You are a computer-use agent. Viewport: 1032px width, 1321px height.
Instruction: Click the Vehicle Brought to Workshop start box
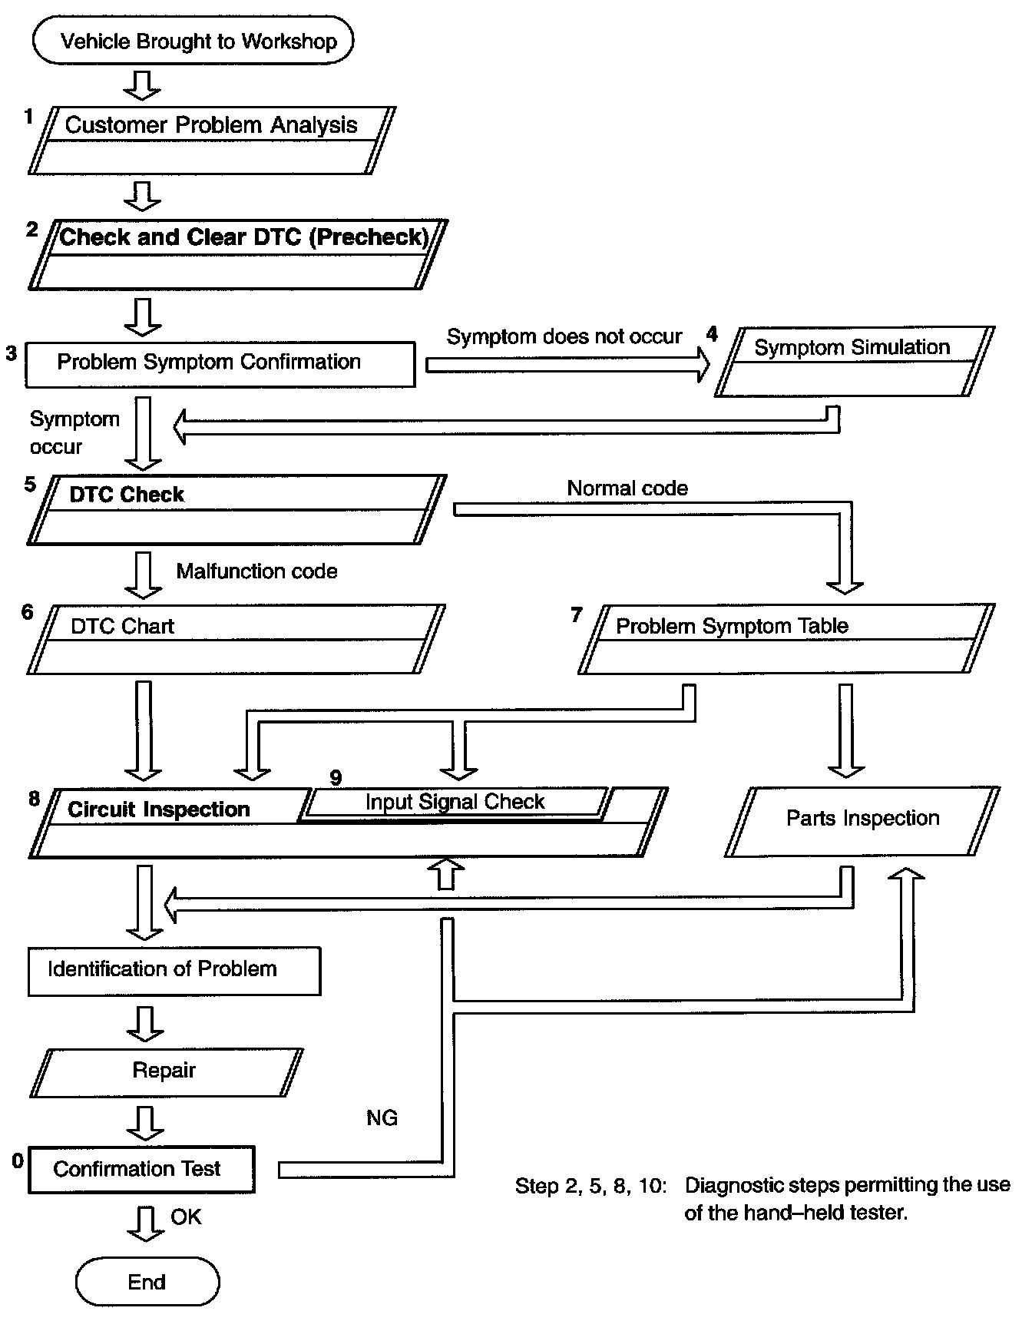point(193,41)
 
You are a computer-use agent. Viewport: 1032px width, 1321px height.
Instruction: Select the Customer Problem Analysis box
point(212,141)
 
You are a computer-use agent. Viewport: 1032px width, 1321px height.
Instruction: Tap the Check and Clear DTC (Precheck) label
point(243,237)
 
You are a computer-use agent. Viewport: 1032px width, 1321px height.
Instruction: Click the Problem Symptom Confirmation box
point(220,364)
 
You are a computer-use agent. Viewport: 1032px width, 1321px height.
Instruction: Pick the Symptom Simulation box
point(855,362)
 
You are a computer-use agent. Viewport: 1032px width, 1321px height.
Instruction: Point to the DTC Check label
point(127,495)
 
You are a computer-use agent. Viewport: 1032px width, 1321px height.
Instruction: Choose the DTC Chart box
point(237,639)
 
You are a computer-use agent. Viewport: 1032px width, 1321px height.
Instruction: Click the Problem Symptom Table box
point(786,639)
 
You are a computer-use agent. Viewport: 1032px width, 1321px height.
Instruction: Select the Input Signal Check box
point(455,803)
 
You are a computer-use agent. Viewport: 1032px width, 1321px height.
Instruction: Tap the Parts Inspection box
point(862,821)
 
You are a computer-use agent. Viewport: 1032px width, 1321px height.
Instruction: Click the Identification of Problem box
point(174,971)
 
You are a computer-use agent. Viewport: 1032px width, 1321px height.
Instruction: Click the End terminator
point(147,1281)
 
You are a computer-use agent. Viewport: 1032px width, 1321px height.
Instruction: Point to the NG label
point(382,1117)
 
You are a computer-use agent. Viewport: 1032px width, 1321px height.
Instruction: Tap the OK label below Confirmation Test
point(186,1217)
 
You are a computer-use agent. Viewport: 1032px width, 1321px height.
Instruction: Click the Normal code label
point(627,488)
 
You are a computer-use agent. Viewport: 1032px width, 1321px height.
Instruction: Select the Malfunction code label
point(256,571)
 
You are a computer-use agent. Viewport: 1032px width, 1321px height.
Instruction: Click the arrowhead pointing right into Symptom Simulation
point(703,364)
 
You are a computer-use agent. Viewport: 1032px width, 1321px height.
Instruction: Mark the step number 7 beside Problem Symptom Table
point(577,614)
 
